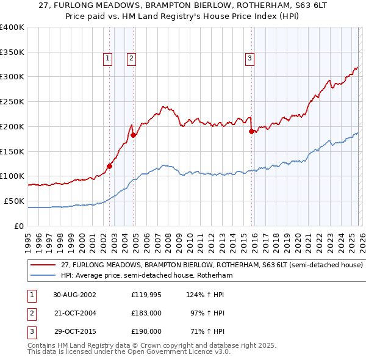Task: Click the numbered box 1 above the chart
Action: point(107,59)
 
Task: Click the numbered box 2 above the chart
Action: point(131,59)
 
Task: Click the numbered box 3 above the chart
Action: point(249,59)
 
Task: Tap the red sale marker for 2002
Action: point(110,165)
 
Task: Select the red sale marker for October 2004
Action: point(133,135)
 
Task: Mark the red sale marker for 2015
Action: point(251,131)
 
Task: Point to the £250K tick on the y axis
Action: point(12,102)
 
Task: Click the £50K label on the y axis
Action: point(14,201)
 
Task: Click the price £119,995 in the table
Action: point(146,295)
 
